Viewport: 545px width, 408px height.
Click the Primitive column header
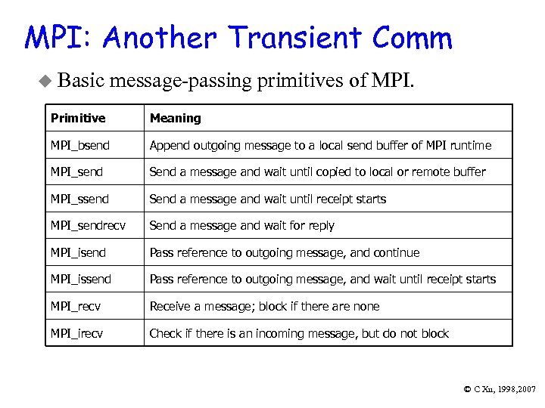tap(78, 118)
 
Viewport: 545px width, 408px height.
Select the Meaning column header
tap(176, 118)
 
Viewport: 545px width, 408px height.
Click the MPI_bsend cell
tap(79, 145)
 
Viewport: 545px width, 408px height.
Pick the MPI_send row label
tap(76, 172)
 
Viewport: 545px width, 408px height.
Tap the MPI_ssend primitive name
tap(79, 199)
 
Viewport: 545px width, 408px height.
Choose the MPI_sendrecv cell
tap(86, 225)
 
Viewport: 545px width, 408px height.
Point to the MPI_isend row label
tap(78, 252)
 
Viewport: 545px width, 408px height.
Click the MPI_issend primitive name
tap(81, 279)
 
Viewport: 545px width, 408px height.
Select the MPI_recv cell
tap(76, 306)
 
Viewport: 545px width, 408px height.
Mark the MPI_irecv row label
tap(77, 333)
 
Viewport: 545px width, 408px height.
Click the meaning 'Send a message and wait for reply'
tap(241, 225)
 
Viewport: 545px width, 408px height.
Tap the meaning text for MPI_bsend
tap(320, 145)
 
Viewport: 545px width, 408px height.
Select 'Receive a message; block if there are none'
tap(264, 306)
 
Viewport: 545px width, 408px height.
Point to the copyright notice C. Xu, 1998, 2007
tap(500, 389)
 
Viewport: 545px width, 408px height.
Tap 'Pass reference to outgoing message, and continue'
tap(284, 252)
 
